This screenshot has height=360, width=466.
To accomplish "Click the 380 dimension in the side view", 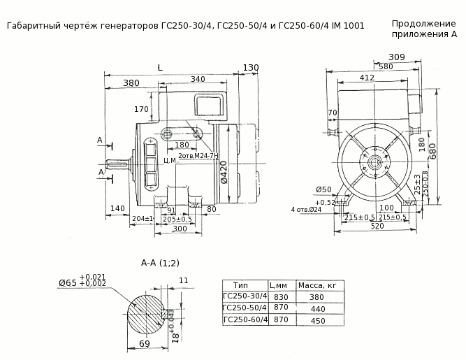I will pos(131,83).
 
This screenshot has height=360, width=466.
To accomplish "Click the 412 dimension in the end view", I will pos(367,78).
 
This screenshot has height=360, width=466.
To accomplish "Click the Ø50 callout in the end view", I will pos(323,190).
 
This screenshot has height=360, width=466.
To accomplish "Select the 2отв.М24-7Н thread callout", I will pos(198,155).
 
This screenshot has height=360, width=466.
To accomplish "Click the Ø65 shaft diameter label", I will pos(68,282).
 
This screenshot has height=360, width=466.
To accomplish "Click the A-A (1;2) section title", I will pos(160,263).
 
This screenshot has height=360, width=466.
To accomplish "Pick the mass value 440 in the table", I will pos(318,308).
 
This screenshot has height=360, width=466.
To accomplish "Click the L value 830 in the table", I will pos(282,296).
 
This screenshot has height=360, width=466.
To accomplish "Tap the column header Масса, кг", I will pos(318,285).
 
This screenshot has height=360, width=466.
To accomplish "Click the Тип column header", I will pos(241,285).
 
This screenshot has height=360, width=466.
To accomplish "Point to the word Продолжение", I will pos(423,23).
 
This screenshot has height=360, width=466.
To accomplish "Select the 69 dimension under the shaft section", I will pos(144,345).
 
